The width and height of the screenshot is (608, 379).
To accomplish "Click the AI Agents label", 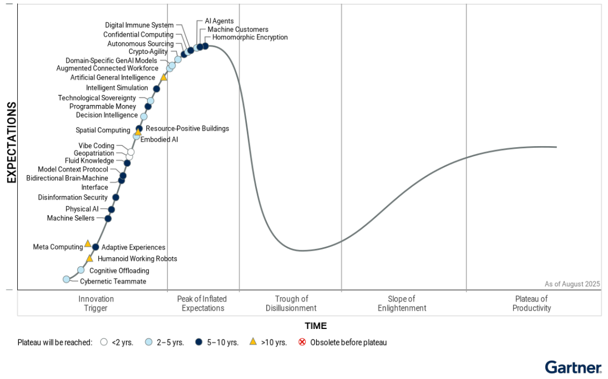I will click(x=219, y=21).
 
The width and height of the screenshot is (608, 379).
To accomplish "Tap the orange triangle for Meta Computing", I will click(x=88, y=243).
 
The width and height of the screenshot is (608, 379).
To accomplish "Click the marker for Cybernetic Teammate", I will click(x=67, y=279).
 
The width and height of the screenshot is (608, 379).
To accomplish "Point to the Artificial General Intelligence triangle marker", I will click(x=164, y=77).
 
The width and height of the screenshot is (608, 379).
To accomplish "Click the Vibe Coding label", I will click(x=96, y=146).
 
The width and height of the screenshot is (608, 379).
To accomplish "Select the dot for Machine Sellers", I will click(x=108, y=218).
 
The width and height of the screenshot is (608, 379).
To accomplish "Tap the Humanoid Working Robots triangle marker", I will click(x=89, y=258).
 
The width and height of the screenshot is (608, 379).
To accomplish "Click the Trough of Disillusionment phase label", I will click(x=291, y=303).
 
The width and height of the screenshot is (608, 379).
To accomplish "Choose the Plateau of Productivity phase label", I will click(x=531, y=303).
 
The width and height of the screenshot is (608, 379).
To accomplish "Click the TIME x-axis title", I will click(x=316, y=326).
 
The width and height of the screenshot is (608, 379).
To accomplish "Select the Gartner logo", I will click(x=573, y=367).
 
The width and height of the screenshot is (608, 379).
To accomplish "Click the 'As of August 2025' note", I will click(x=572, y=284).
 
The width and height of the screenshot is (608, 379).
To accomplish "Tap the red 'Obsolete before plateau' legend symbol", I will click(x=302, y=342).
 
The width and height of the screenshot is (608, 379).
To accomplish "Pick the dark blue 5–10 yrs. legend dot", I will click(x=199, y=342).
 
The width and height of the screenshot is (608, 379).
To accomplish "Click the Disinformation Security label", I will click(x=73, y=197).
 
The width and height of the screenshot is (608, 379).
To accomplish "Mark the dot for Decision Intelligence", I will click(x=144, y=117).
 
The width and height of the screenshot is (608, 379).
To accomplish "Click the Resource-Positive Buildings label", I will click(x=187, y=128).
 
